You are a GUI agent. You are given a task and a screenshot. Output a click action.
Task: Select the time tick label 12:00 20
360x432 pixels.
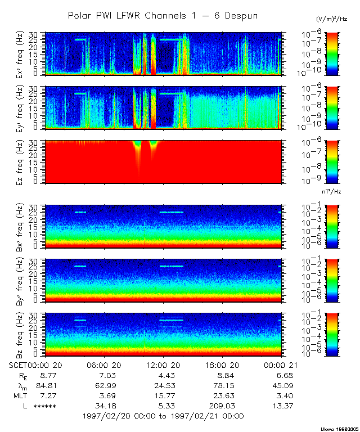163,365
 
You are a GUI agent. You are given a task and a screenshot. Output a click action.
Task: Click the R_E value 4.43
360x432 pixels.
163,375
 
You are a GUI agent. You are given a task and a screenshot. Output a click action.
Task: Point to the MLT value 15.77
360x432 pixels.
163,395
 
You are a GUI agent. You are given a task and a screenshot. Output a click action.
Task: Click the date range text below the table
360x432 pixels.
163,416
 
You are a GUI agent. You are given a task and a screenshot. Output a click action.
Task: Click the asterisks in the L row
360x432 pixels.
44,406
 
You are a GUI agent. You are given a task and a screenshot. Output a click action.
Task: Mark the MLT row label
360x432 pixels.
21,395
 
